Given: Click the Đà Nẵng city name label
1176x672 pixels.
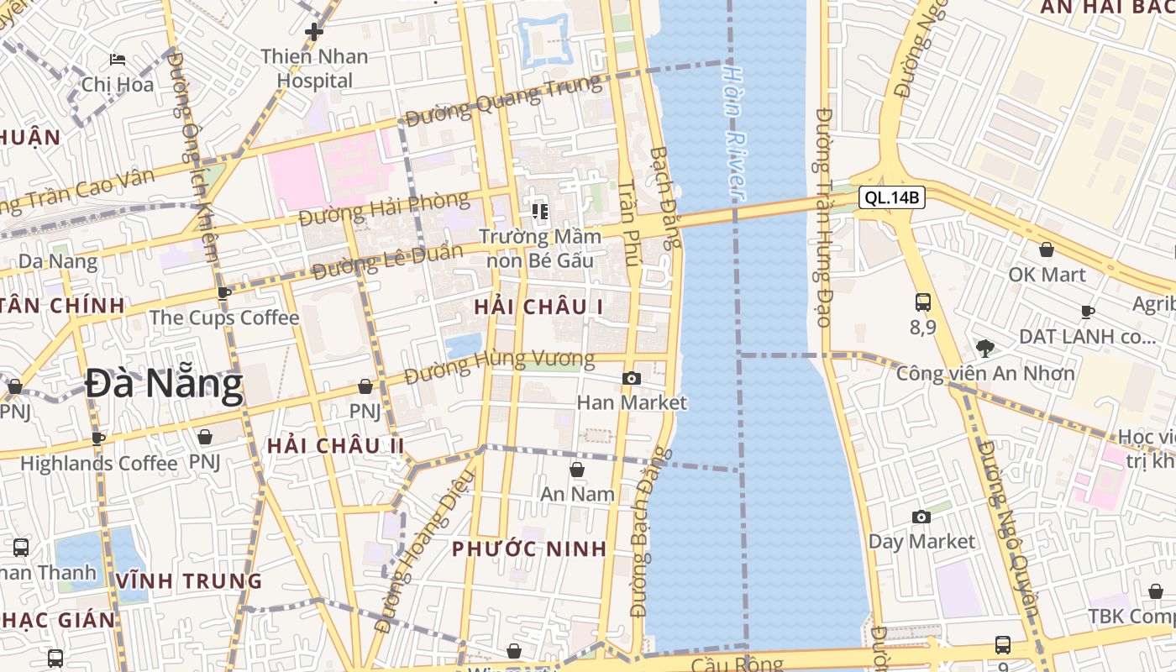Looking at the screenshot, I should point(164,385).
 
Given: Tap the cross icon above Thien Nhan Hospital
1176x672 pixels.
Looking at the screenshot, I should point(314,33).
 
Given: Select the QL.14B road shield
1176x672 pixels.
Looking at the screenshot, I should point(891,198).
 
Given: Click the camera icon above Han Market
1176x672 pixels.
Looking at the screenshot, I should point(632,379).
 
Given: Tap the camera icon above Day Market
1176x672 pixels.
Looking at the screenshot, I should point(921,517).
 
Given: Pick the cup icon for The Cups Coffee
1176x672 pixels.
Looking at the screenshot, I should point(224,293).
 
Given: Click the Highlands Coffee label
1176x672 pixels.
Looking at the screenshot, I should point(99,463).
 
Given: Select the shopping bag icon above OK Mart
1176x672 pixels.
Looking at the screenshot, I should point(1047,249).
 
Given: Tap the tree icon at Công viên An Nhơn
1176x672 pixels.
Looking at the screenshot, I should point(985,348).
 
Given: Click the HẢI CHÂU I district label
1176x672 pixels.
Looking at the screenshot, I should point(538,307).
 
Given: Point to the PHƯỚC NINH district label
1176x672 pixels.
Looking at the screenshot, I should point(529,549).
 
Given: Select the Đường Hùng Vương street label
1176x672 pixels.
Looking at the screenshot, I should point(499,367).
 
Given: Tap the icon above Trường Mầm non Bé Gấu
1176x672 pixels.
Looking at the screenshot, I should point(539,211).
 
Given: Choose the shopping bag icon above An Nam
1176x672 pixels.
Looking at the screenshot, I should point(577,470).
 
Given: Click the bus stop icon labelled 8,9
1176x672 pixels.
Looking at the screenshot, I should point(922,302).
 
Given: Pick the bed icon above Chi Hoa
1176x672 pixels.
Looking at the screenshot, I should point(118,60).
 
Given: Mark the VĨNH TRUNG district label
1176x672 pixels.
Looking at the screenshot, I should point(189,580).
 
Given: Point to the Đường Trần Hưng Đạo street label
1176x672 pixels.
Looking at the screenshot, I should point(824,217).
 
